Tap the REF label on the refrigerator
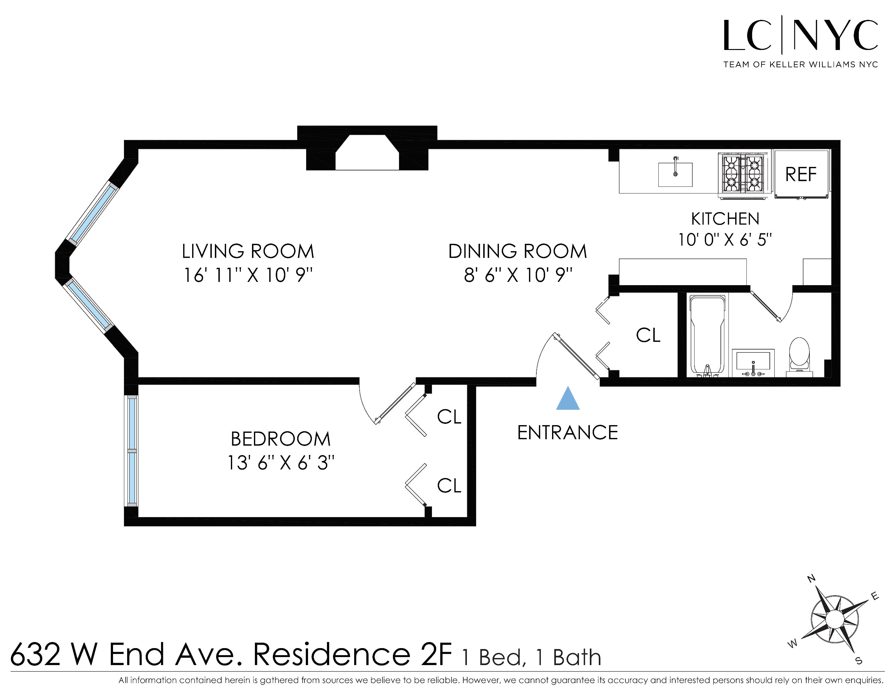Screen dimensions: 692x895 click(800, 174)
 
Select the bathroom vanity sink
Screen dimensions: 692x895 click(753, 363)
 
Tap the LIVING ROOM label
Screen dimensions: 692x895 click(248, 251)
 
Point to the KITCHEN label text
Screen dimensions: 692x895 click(725, 219)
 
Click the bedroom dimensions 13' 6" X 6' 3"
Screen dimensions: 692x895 click(281, 463)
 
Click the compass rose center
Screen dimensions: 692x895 click(834, 619)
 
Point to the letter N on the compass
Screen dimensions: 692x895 click(811, 579)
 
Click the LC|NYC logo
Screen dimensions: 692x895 click(800, 41)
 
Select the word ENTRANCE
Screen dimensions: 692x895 click(567, 433)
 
